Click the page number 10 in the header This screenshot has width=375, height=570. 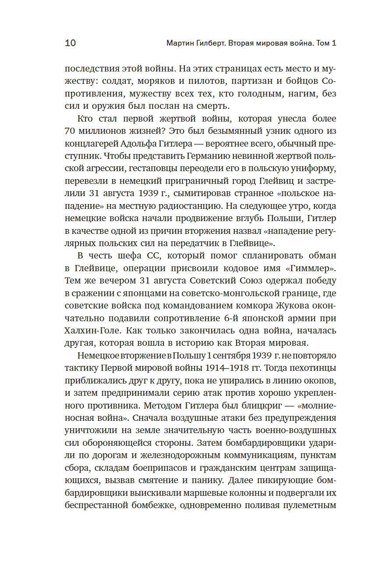[x=70, y=43]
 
